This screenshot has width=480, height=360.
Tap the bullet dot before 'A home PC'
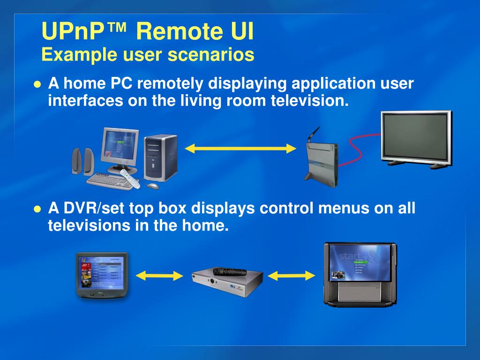click(x=38, y=85)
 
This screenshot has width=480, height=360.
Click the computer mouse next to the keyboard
click(x=153, y=186)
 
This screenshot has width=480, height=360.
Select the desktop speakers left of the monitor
click(x=82, y=162)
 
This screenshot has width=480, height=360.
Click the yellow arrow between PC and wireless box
click(x=240, y=149)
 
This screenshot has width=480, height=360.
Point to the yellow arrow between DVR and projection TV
click(x=292, y=276)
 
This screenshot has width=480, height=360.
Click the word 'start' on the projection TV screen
click(x=350, y=256)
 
